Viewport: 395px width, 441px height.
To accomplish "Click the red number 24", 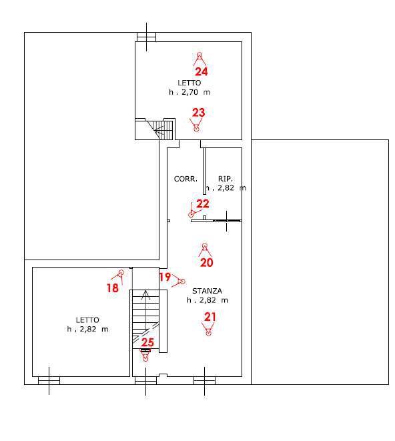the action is click(x=201, y=71).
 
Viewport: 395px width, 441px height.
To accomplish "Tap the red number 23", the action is click(x=198, y=113).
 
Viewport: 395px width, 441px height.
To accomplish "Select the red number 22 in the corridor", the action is click(x=203, y=203).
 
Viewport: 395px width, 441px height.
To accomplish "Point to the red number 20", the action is click(x=206, y=262).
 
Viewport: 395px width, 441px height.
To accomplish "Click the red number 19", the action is click(x=165, y=277).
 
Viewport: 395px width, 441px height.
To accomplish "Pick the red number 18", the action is click(x=113, y=288).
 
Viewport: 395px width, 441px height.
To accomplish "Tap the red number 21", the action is click(x=210, y=317).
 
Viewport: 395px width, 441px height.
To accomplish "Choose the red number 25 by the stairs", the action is click(x=147, y=342).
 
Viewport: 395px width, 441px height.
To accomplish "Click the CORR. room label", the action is click(x=185, y=179).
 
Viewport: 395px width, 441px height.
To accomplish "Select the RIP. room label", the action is click(x=226, y=179).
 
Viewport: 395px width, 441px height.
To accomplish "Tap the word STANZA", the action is click(x=207, y=291).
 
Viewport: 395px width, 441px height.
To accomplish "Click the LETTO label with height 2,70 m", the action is click(x=189, y=83).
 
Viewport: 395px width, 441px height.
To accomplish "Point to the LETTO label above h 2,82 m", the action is click(x=87, y=320).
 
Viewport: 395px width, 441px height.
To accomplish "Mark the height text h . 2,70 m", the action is click(x=189, y=92).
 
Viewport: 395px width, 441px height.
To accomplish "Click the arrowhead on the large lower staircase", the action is click(x=145, y=294).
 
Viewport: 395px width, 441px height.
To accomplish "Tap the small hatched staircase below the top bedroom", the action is click(x=159, y=130).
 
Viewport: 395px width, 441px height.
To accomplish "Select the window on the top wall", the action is click(x=146, y=37).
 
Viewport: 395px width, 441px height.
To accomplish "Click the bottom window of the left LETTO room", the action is click(x=49, y=380).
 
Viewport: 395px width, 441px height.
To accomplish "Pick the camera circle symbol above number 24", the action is click(x=200, y=55).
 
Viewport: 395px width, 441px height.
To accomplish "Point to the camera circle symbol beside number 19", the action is click(x=182, y=282).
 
